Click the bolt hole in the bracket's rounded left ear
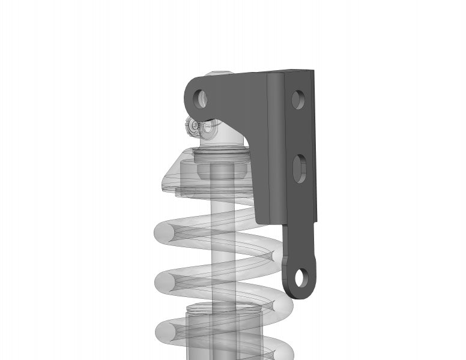[x=200, y=98]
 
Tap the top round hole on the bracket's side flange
[x=297, y=98]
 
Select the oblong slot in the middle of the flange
[x=299, y=169]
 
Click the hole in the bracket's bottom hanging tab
[x=301, y=278]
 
